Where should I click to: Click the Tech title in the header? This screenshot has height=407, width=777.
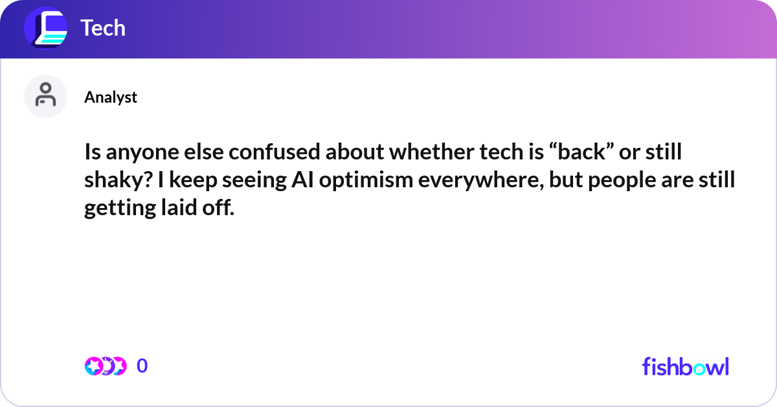point(103,28)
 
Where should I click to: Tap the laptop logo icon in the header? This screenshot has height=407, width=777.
point(45,29)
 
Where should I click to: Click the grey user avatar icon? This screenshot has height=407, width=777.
point(45,96)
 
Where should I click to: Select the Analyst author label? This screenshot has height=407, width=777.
point(111,97)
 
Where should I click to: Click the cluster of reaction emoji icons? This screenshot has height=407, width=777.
point(105,366)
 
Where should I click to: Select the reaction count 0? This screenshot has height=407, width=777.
point(142,366)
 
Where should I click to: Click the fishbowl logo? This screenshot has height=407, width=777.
point(685,366)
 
